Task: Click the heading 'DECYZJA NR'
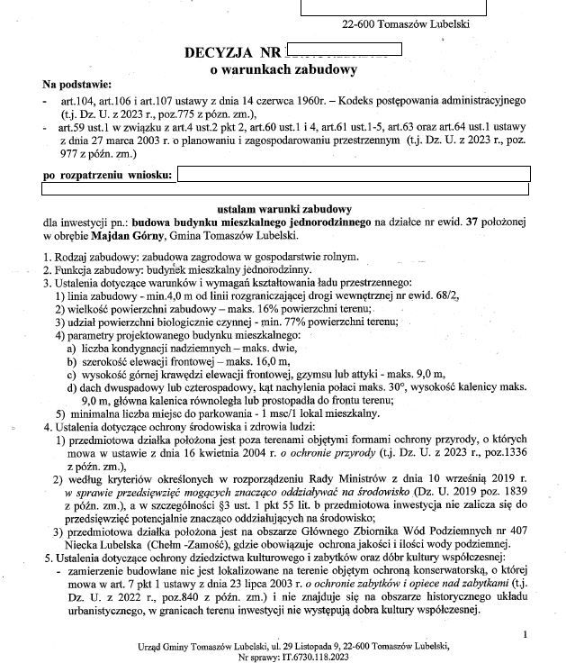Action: click(231, 53)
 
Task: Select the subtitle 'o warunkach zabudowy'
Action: click(283, 69)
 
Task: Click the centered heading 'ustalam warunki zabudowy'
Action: click(283, 208)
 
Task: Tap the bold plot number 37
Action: click(467, 222)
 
